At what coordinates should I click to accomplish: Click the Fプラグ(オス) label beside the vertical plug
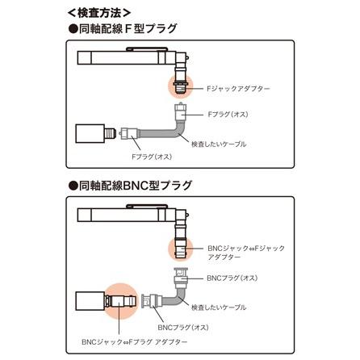tap(228, 115)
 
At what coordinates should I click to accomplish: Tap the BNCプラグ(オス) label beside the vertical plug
tap(232, 277)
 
